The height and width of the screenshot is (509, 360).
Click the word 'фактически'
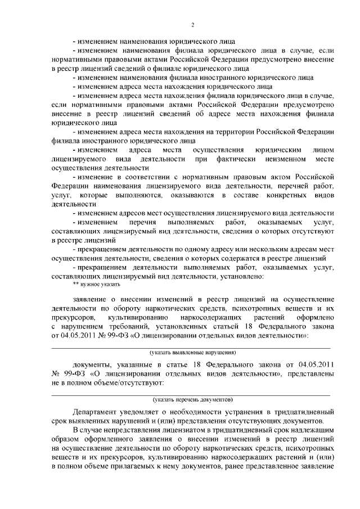tap(219, 159)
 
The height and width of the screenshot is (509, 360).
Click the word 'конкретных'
tap(286, 195)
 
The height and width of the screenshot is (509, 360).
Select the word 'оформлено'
tap(317, 318)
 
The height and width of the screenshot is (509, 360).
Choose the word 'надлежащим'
tap(312, 430)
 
